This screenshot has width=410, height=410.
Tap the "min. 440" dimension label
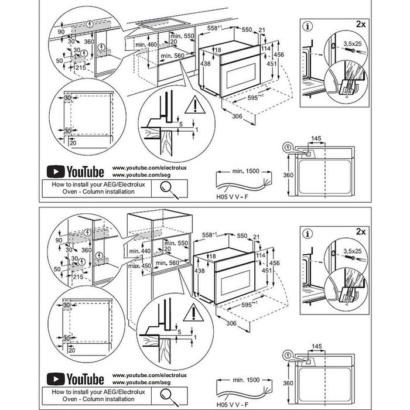142,251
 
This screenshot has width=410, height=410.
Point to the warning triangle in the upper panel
191,107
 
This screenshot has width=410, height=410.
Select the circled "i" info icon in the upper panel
308,26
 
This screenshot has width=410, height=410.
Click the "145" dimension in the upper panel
317,138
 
